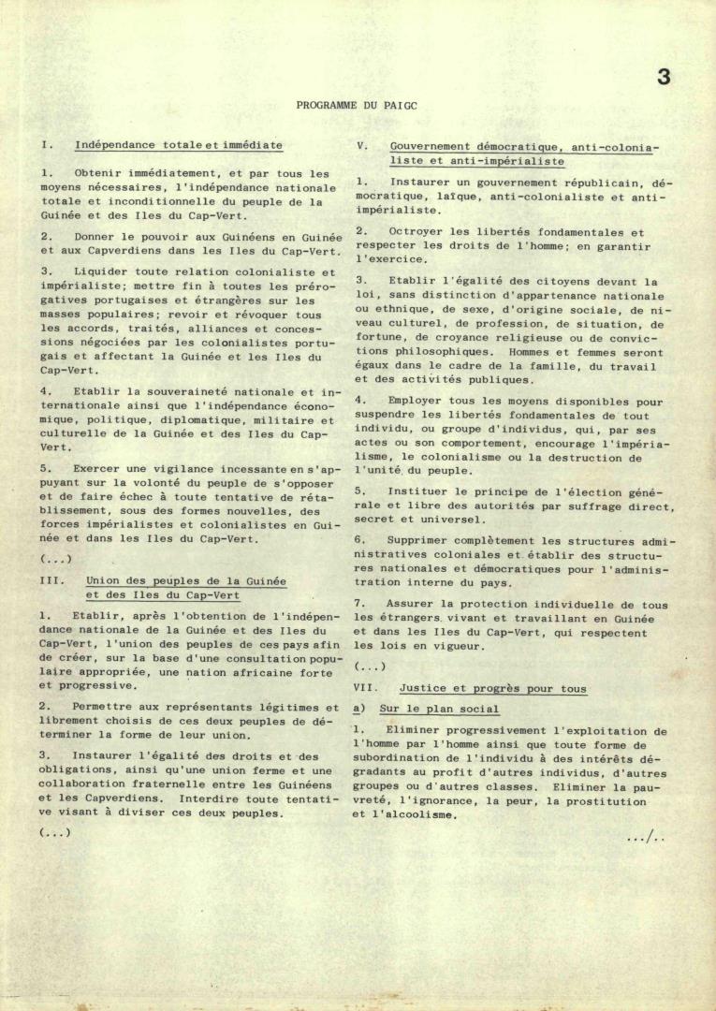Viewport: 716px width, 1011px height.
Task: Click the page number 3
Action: pyautogui.click(x=664, y=78)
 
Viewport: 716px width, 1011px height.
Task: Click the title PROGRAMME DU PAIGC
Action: pyautogui.click(x=357, y=106)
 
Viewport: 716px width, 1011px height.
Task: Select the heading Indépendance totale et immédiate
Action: pyautogui.click(x=178, y=146)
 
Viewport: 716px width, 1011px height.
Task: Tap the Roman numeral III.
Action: pyautogui.click(x=52, y=580)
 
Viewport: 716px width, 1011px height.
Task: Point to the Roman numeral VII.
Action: pyautogui.click(x=366, y=689)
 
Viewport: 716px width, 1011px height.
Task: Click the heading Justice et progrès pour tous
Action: pyautogui.click(x=493, y=689)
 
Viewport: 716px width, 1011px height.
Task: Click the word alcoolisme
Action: pyautogui.click(x=418, y=815)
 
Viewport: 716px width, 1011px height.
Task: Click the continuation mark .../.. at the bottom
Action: pyautogui.click(x=646, y=837)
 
